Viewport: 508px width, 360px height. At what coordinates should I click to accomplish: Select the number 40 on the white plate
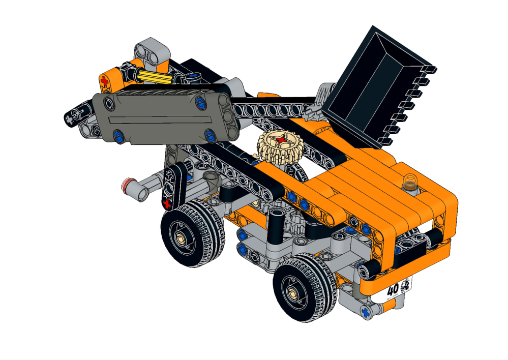coord(393,290)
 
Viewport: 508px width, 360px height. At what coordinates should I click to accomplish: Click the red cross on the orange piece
coord(105,80)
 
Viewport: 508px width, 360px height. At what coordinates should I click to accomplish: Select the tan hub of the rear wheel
coord(181,236)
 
